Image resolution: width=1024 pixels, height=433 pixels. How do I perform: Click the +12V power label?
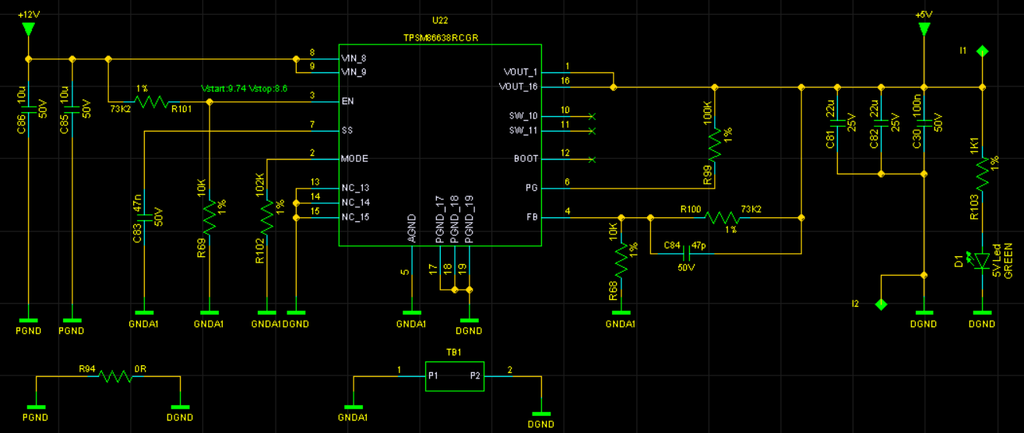[x=29, y=15]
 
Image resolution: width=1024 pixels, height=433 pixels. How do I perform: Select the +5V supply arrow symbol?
[x=924, y=30]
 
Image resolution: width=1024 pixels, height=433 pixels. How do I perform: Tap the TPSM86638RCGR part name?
[x=441, y=37]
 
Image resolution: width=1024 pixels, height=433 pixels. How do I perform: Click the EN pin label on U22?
[x=347, y=101]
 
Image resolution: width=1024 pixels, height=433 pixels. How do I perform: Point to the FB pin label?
[x=532, y=216]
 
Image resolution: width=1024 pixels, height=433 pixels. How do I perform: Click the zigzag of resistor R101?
[x=152, y=101]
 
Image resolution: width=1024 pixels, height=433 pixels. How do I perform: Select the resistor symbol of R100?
[x=723, y=217]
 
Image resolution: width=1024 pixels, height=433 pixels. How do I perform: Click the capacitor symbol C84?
[x=686, y=253]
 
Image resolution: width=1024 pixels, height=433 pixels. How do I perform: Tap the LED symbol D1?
[x=981, y=261]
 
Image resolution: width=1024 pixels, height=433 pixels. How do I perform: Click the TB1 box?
[x=455, y=376]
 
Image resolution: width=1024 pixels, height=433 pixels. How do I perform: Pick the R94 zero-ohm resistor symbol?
[x=115, y=376]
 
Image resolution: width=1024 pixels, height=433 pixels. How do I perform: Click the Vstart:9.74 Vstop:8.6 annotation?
[x=244, y=88]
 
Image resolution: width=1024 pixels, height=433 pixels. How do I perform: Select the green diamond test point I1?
[x=982, y=51]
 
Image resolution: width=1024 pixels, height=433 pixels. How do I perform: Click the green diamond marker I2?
[x=881, y=304]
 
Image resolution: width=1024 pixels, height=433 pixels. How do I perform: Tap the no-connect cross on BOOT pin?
[x=592, y=160]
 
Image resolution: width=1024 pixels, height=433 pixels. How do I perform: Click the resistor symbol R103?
[x=982, y=174]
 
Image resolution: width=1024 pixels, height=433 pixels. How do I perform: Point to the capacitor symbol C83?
[x=145, y=217]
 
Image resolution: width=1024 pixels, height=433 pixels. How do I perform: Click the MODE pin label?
[x=354, y=159]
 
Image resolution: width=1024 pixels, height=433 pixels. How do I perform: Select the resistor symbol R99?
[x=715, y=145]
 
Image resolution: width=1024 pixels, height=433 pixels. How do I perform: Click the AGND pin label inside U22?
[x=411, y=228]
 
